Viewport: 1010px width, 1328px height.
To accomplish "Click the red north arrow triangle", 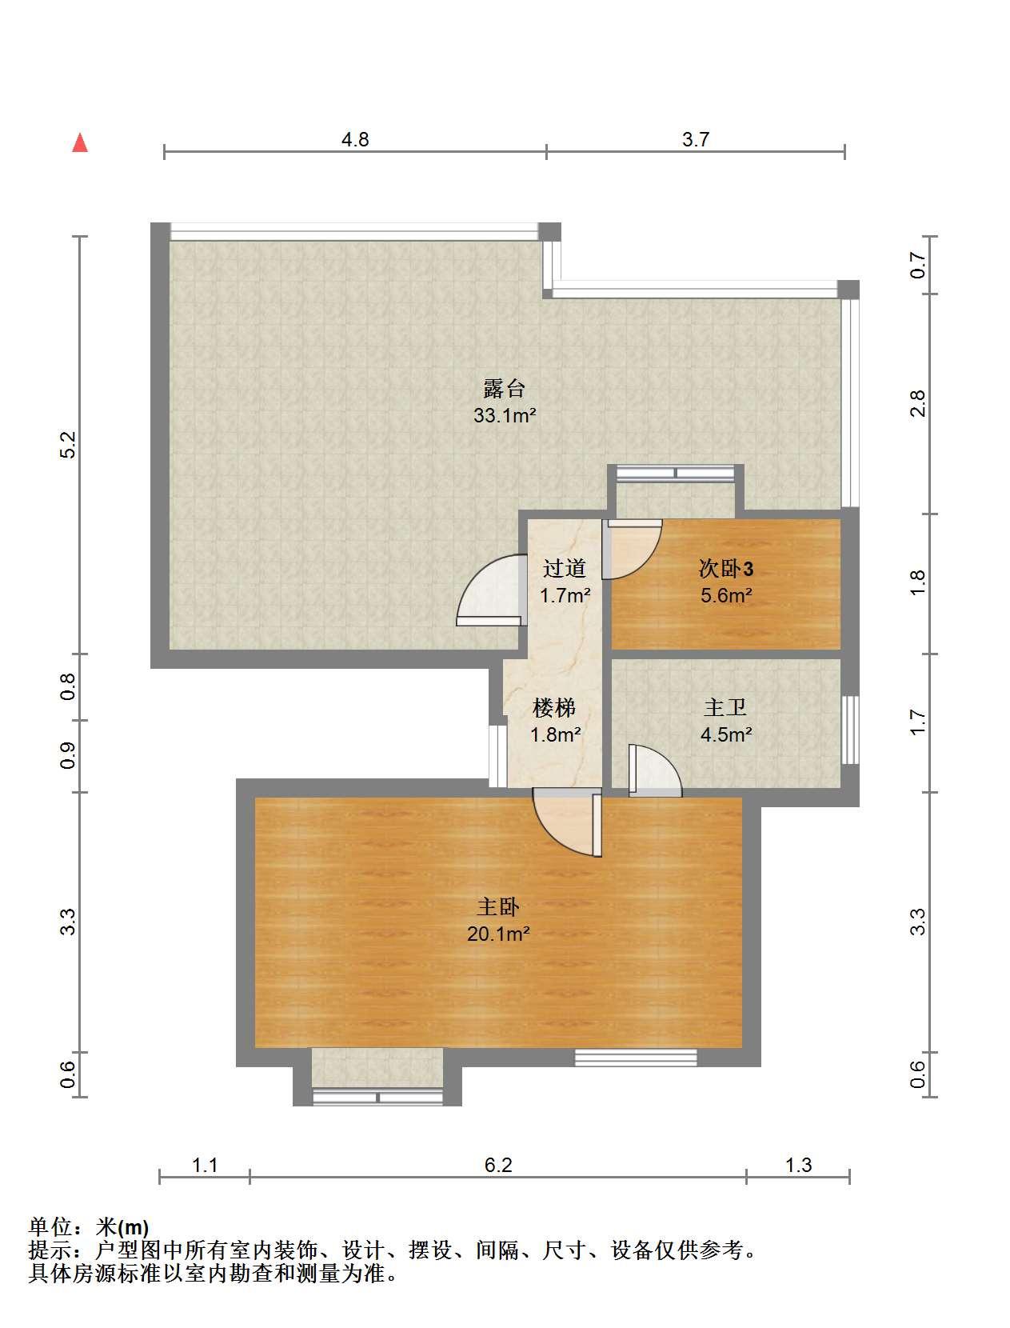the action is (x=80, y=143).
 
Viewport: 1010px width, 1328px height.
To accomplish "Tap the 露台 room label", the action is (x=504, y=389).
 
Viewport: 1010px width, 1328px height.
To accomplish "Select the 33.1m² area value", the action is (x=505, y=416).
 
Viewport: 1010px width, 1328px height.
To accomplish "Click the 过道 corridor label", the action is (x=564, y=568).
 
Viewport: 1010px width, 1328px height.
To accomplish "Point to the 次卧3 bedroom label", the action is (x=726, y=568).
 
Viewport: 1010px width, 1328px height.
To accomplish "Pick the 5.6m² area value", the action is (x=726, y=595).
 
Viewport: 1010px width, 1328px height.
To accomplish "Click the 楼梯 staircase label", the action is (x=554, y=707).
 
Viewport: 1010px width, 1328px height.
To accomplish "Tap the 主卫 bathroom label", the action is (x=725, y=707).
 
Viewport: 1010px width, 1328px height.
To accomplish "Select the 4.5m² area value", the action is (x=726, y=734).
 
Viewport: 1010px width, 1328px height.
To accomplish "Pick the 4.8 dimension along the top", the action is (x=355, y=140).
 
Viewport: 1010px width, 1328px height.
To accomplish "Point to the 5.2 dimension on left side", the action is (x=68, y=445).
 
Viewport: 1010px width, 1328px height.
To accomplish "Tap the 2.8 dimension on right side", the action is (x=917, y=403).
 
